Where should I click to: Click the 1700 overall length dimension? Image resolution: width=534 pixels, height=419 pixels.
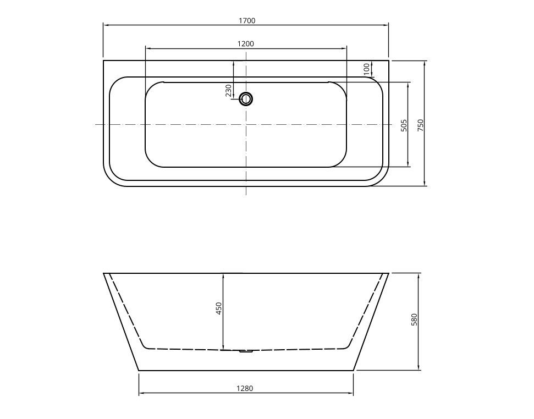click(x=247, y=21)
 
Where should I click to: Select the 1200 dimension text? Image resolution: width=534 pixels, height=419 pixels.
click(x=245, y=44)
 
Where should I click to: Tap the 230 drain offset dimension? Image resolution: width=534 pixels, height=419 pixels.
click(x=229, y=90)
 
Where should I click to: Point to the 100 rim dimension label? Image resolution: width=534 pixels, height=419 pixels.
click(x=367, y=69)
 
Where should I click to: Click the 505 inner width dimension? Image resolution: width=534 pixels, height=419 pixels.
click(x=404, y=125)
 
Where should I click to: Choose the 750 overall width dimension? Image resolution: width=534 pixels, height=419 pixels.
click(x=421, y=125)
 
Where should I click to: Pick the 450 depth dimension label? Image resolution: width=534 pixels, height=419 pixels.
click(x=219, y=308)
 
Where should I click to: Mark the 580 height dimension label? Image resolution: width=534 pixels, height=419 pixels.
click(x=415, y=319)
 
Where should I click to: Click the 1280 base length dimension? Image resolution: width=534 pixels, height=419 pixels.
click(x=245, y=388)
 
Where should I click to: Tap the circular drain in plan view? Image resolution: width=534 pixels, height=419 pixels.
click(x=246, y=99)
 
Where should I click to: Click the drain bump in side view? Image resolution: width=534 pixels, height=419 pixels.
click(x=246, y=351)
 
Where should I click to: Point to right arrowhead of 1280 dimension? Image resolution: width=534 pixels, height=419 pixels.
click(x=351, y=393)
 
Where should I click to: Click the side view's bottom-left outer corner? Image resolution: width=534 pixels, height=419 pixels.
click(x=138, y=371)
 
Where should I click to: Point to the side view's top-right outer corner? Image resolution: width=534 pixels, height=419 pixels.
click(x=389, y=273)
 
